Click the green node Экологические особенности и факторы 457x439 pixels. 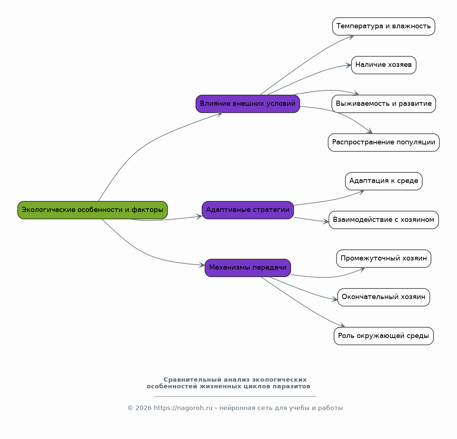[x=93, y=210]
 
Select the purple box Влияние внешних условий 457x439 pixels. [x=248, y=104]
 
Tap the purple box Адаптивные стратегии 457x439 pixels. [x=248, y=210]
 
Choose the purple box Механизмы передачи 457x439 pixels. [x=248, y=268]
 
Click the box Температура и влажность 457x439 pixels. [x=384, y=26]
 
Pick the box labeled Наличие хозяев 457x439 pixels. [x=384, y=65]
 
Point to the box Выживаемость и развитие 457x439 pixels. [x=384, y=104]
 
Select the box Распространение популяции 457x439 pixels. [x=384, y=143]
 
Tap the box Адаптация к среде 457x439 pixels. [x=384, y=181]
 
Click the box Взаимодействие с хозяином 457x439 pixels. [x=384, y=220]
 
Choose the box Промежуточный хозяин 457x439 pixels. [x=384, y=259]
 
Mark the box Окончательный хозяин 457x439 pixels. [x=384, y=297]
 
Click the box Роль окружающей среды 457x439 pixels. [x=384, y=336]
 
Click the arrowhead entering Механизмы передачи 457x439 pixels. [x=202, y=265]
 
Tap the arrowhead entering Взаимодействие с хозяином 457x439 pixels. [x=326, y=221]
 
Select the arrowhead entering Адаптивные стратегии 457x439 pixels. [x=199, y=217]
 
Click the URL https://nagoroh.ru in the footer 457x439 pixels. [x=183, y=408]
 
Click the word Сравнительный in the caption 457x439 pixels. [x=192, y=379]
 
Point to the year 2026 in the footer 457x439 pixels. [x=144, y=408]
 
